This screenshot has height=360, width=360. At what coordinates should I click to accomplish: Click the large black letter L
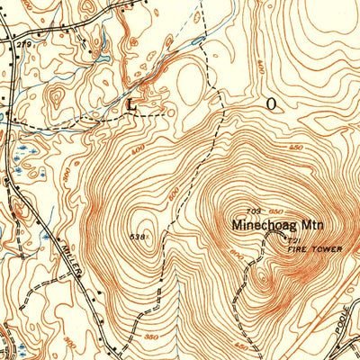133,104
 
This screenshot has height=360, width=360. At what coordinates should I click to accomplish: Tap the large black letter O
270,103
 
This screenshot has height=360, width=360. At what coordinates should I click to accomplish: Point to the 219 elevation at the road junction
25,44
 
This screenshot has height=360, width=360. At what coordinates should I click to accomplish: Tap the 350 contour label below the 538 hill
148,310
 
